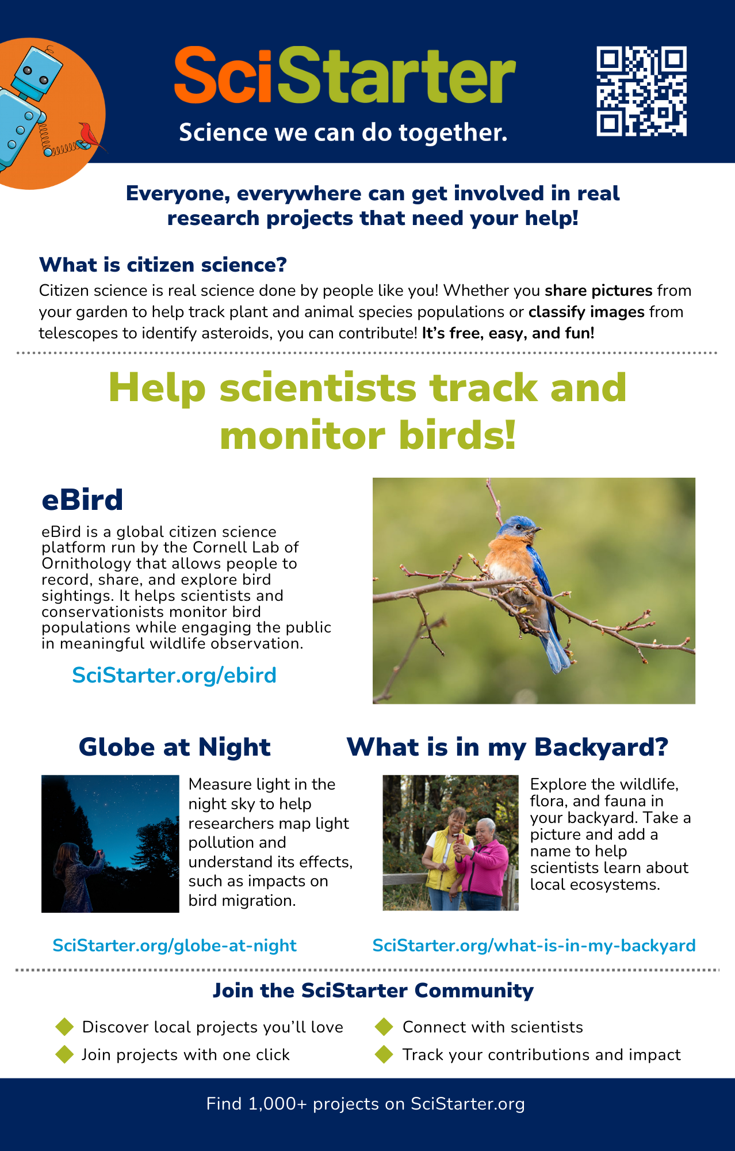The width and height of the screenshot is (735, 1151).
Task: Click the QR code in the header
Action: pos(642,92)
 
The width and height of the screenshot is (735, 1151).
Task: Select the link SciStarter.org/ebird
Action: pos(174,675)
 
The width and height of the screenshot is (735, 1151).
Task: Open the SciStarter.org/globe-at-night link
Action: pos(174,946)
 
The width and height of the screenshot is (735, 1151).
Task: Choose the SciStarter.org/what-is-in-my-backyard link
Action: pos(534,946)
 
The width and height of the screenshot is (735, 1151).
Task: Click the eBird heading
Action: pos(82,500)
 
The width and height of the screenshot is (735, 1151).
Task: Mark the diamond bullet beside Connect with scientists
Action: pos(384,1027)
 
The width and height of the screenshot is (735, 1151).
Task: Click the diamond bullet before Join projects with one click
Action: pos(64,1054)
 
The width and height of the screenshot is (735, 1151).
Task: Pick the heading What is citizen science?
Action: pos(163,265)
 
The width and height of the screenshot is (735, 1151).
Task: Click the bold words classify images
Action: pos(587,312)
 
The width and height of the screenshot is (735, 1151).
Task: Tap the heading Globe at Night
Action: pos(174,747)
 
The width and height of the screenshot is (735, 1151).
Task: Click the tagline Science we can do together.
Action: pos(343,132)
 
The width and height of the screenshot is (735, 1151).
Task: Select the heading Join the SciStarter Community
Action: pos(373,990)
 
